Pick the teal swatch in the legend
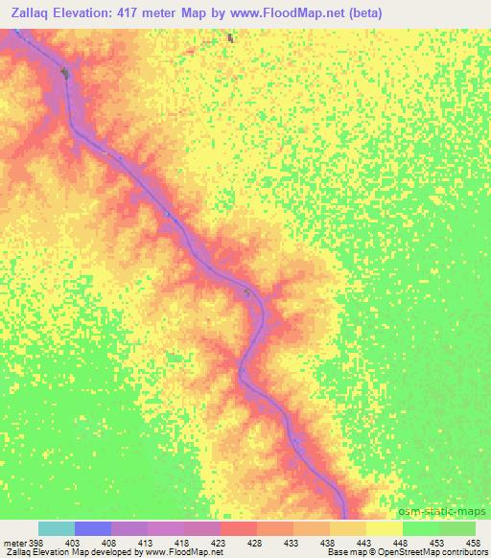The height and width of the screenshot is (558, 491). (x=57, y=528)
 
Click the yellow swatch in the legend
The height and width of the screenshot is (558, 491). (x=385, y=528)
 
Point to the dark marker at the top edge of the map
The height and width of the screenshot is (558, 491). (x=230, y=38)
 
